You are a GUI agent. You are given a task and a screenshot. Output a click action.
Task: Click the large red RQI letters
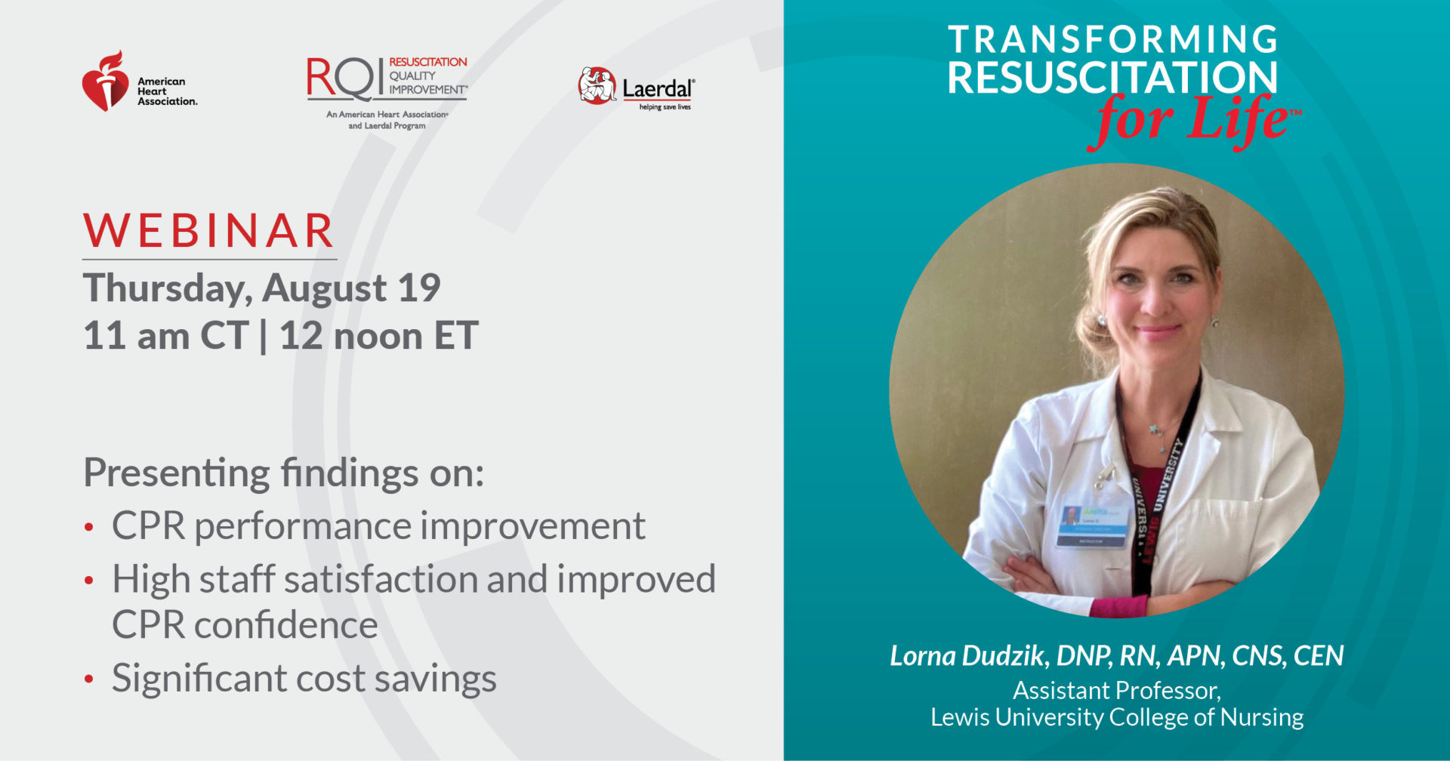click(345, 79)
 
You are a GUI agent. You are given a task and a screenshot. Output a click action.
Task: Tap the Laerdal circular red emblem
click(597, 85)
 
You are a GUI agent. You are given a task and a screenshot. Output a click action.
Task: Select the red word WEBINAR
click(208, 231)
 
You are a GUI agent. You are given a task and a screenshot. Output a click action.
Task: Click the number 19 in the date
click(419, 288)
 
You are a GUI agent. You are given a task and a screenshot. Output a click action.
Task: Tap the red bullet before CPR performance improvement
click(89, 527)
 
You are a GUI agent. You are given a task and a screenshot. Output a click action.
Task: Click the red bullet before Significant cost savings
click(89, 679)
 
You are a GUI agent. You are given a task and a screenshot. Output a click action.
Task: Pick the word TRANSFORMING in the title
click(1112, 40)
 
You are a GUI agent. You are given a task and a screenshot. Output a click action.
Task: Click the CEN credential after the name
click(1319, 656)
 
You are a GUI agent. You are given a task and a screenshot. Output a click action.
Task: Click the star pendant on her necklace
click(1154, 430)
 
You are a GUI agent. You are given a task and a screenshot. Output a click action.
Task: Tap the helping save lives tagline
click(665, 107)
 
